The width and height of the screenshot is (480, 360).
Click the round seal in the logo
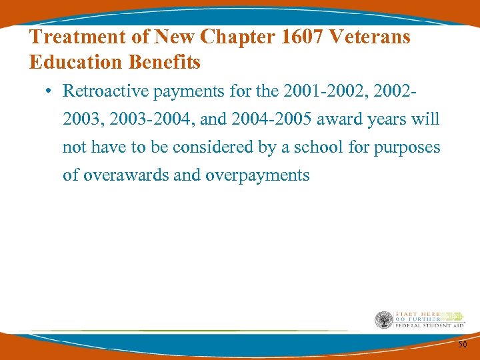pyautogui.click(x=384, y=321)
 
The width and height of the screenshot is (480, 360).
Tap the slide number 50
pyautogui.click(x=462, y=344)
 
